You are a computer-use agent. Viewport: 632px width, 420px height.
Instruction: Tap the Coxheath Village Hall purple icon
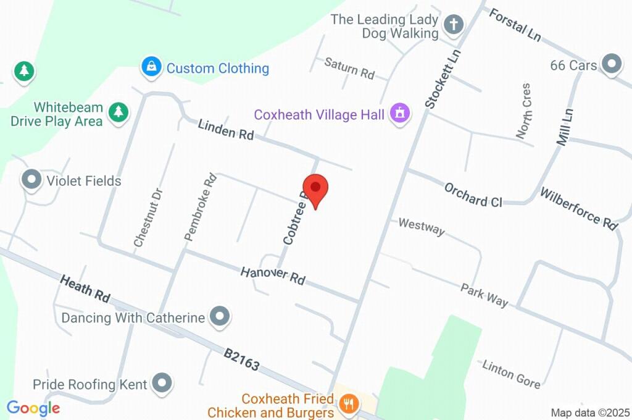[x=400, y=113]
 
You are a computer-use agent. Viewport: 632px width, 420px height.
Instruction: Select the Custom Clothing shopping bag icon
[x=151, y=67]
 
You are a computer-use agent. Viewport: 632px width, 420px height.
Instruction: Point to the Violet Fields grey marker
[x=30, y=180]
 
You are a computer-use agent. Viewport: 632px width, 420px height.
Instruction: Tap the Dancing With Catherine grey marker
[x=219, y=317]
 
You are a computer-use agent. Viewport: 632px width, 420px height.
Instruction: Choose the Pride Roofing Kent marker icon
[x=162, y=384]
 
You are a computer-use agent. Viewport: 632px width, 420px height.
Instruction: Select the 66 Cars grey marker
[x=611, y=64]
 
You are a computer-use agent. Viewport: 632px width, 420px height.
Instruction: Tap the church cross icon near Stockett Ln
[x=454, y=25]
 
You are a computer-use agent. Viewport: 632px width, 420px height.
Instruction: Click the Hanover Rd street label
[x=273, y=275]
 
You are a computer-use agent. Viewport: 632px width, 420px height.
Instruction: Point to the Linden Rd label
[x=226, y=130]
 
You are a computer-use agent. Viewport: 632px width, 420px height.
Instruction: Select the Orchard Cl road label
[x=473, y=194]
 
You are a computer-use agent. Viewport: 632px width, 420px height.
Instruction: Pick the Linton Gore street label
[x=511, y=374]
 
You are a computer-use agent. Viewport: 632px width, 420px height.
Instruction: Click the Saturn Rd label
[x=349, y=68]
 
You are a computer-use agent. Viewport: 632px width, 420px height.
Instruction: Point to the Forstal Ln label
[x=514, y=25]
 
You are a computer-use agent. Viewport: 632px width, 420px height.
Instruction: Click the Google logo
[x=33, y=408]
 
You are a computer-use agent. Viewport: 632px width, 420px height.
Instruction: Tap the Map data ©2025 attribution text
[x=589, y=413]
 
